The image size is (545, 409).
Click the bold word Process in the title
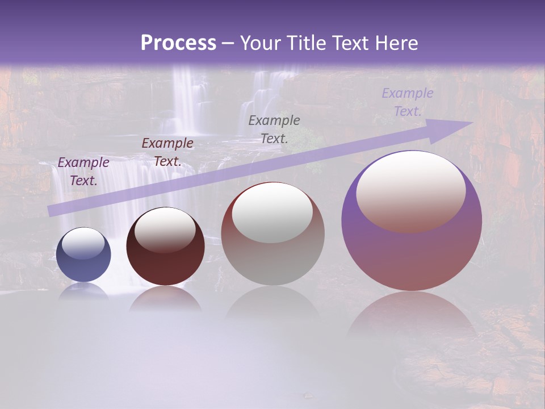(x=178, y=43)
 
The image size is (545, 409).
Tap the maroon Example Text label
(x=167, y=152)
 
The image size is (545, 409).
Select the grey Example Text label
(x=274, y=130)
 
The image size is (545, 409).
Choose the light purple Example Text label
(x=407, y=102)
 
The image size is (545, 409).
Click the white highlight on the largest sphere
(x=410, y=190)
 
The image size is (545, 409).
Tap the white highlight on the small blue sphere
(x=83, y=243)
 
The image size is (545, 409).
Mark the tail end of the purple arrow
(x=52, y=211)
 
